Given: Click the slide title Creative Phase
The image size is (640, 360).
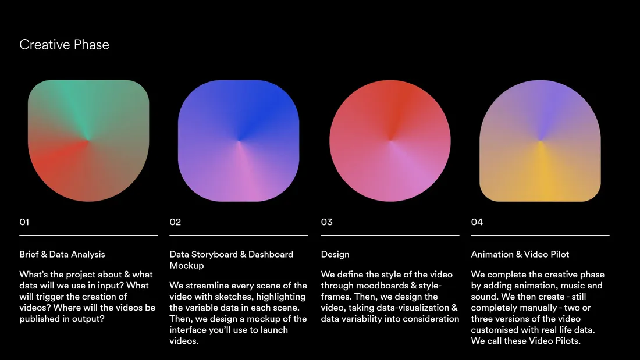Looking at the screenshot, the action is pyautogui.click(x=64, y=44).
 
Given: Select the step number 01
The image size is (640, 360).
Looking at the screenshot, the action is pyautogui.click(x=24, y=222).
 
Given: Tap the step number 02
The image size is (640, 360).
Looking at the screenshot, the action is pyautogui.click(x=175, y=222).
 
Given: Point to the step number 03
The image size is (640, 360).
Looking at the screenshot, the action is pyautogui.click(x=326, y=222).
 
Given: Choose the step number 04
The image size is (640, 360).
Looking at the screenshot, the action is pyautogui.click(x=477, y=222).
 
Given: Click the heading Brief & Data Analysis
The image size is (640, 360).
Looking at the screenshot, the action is pyautogui.click(x=62, y=254).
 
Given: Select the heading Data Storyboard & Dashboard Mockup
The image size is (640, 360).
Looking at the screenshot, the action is pyautogui.click(x=232, y=259).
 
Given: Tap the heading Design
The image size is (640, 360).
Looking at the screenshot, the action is pyautogui.click(x=335, y=255).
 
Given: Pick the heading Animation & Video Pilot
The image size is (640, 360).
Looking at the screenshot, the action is pyautogui.click(x=520, y=254).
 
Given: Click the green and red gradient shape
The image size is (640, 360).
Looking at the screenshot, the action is pyautogui.click(x=88, y=140).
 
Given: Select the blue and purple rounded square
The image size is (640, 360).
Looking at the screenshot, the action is pyautogui.click(x=239, y=140).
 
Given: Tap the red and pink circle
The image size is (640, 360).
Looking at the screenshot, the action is pyautogui.click(x=390, y=140).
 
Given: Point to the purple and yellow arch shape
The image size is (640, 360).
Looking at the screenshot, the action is pyautogui.click(x=540, y=140).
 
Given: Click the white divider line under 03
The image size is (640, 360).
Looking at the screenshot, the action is pyautogui.click(x=390, y=236).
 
